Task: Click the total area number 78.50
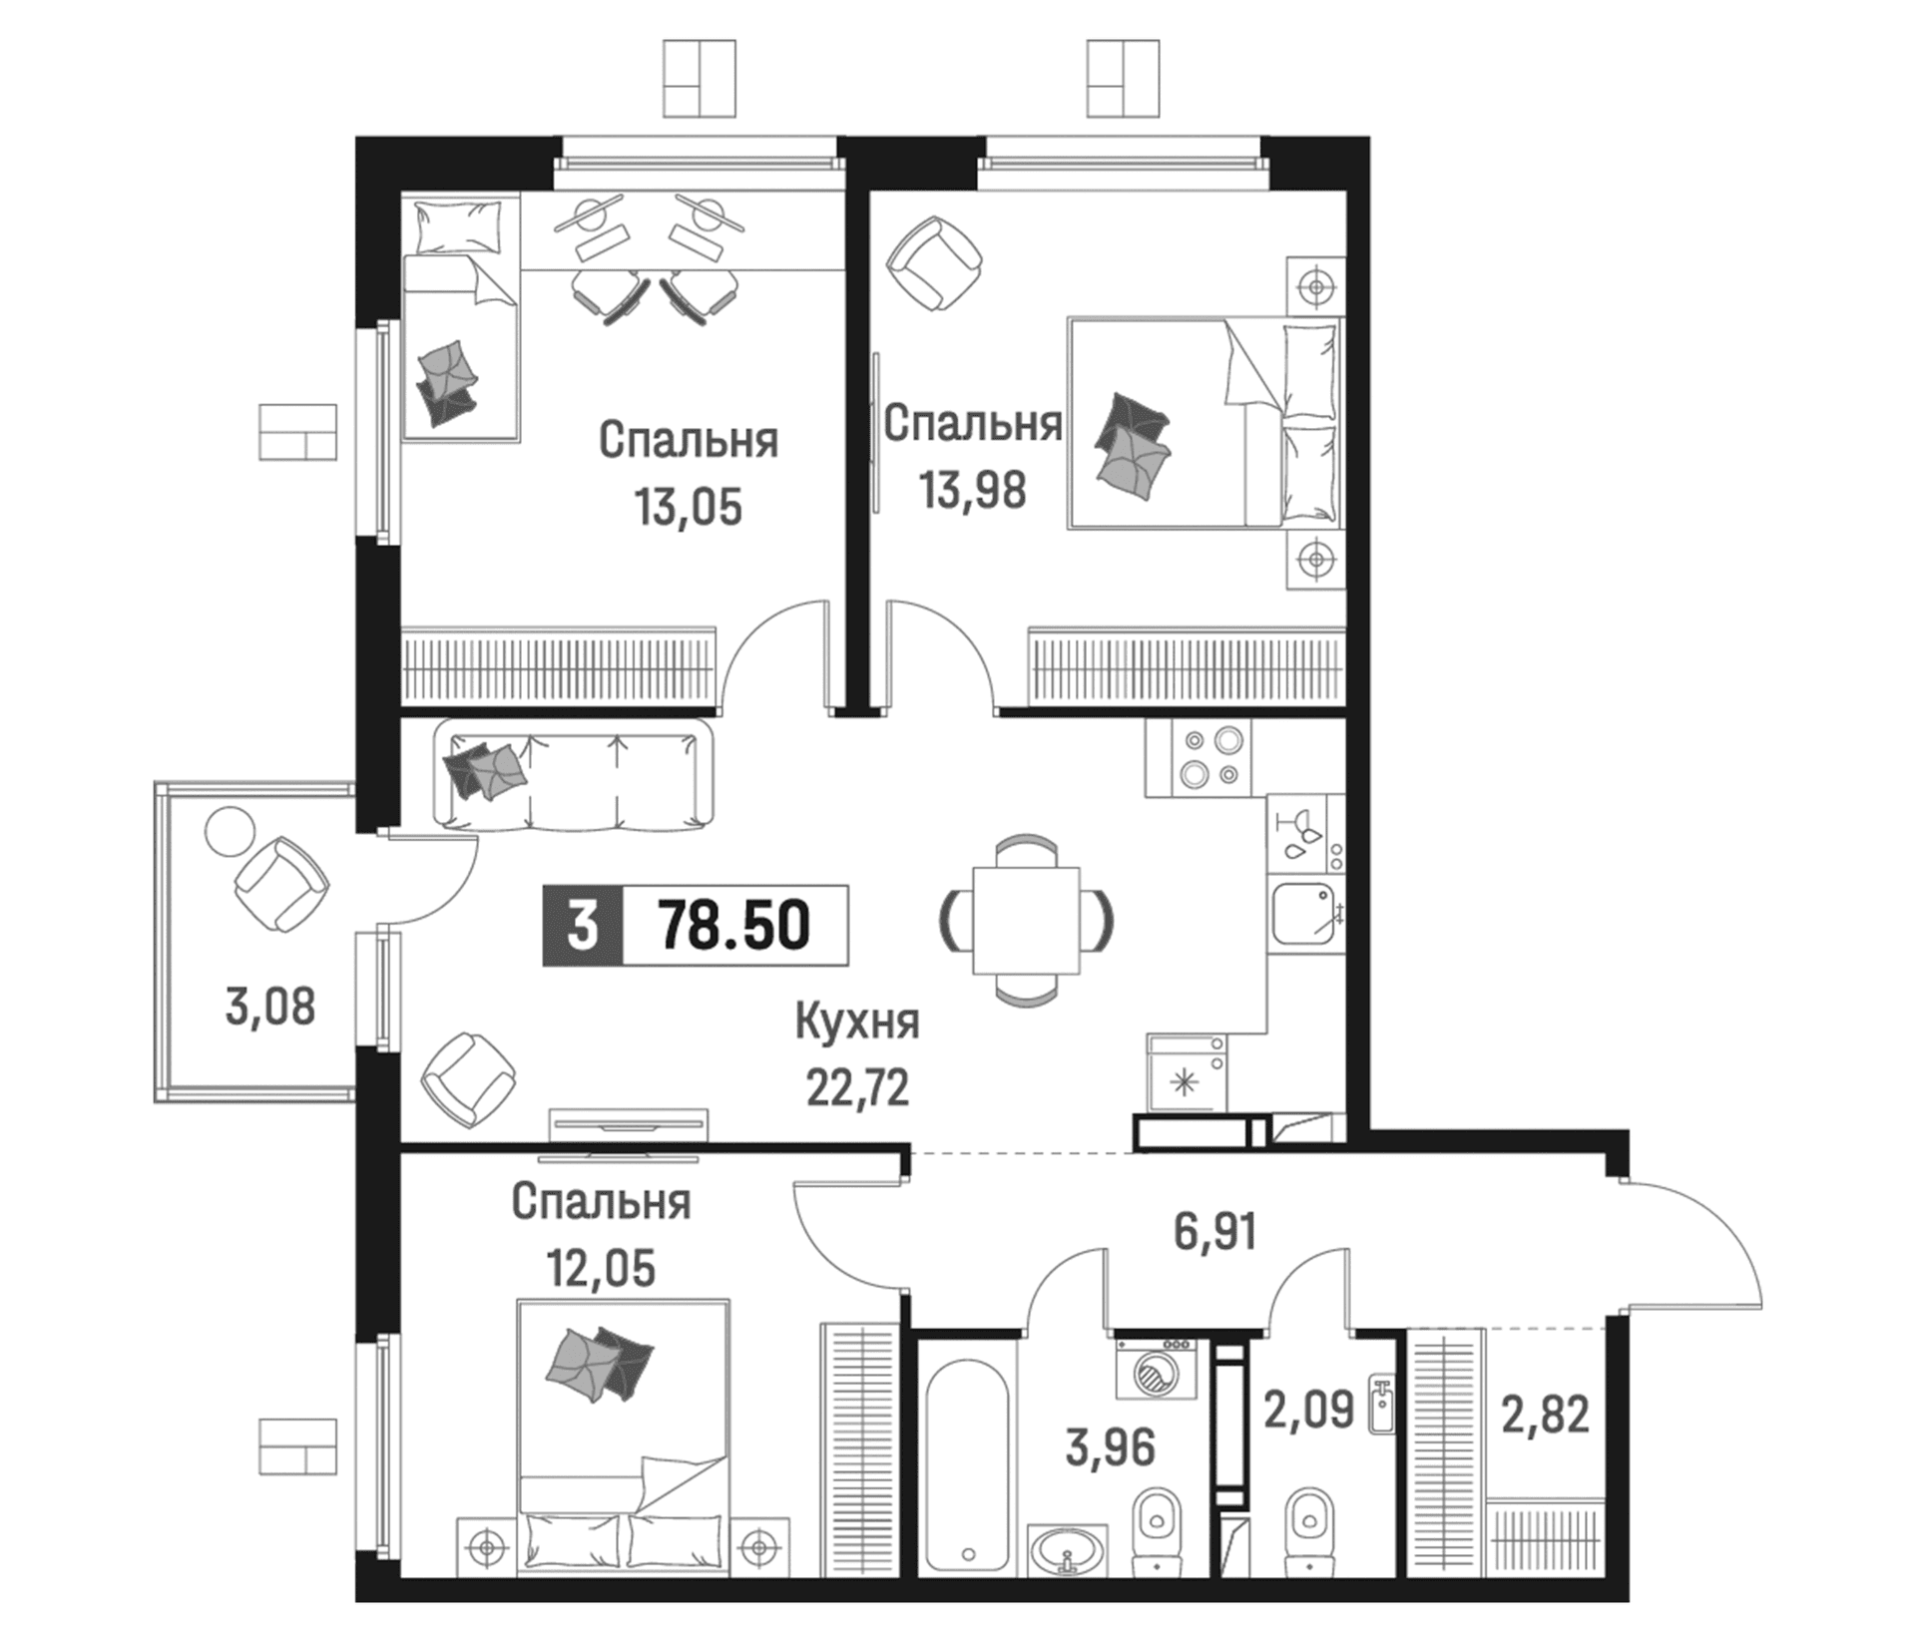click(734, 926)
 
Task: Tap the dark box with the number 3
click(583, 926)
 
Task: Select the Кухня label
click(857, 1024)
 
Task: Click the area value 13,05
click(689, 508)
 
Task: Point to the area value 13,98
click(973, 491)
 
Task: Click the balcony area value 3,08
click(270, 1007)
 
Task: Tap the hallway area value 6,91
click(1214, 1232)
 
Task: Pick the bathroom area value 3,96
click(1111, 1447)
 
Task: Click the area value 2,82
click(1546, 1414)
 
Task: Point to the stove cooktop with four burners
click(1197, 758)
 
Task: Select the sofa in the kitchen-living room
click(574, 775)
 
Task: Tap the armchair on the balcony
click(281, 884)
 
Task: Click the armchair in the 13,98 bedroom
click(935, 263)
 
